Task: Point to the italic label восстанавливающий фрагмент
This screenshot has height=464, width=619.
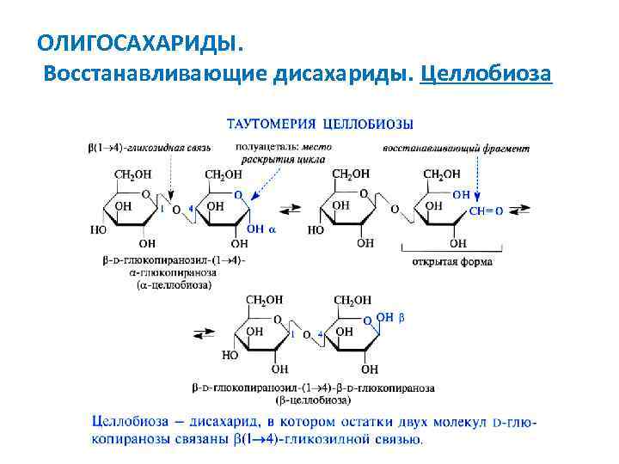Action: tap(455, 148)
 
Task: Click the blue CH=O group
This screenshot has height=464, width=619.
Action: tap(486, 211)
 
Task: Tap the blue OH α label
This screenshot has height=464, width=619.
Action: tap(262, 229)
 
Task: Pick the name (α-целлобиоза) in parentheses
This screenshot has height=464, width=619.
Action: tap(173, 284)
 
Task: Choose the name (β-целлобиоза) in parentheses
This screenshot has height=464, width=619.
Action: tap(312, 400)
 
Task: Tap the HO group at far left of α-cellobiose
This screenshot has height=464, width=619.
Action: tap(99, 230)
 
